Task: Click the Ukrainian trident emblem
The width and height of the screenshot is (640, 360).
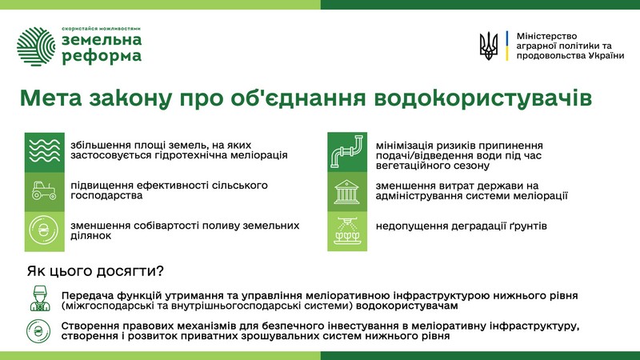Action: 489,46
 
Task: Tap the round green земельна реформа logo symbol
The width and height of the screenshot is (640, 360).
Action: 36,46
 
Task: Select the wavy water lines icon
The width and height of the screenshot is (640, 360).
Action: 45,150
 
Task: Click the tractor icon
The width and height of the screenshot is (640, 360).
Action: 44,191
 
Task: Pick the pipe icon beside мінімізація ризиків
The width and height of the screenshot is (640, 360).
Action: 347,151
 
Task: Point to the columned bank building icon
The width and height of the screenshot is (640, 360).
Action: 346,191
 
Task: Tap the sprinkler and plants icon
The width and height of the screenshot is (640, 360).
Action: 347,231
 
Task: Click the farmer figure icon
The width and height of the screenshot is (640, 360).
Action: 39,298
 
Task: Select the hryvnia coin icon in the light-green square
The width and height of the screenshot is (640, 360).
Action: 44,230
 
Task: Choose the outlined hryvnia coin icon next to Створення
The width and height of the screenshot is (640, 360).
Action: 38,331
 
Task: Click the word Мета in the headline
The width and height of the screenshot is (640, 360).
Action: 50,98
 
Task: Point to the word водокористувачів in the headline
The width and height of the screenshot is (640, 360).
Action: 483,98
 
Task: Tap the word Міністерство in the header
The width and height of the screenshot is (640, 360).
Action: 546,36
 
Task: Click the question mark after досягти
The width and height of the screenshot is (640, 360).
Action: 160,270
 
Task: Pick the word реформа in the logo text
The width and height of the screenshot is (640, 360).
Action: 102,56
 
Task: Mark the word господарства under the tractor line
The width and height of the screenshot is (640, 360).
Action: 106,196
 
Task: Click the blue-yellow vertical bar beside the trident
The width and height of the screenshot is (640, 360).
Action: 507,46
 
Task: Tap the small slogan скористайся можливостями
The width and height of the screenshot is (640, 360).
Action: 102,29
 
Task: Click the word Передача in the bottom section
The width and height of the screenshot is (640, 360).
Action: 87,296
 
